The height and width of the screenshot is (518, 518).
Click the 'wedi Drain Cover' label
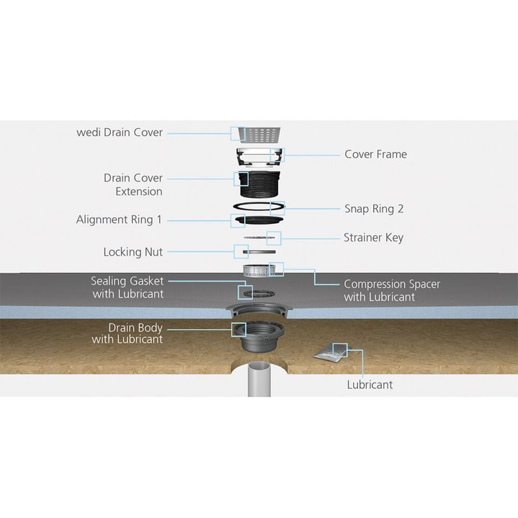(120, 133)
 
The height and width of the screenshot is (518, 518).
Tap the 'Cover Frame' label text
(375, 154)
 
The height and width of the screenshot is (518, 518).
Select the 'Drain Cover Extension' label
(133, 184)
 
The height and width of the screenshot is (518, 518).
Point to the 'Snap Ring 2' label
(374, 209)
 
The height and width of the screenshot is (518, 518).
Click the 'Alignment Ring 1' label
(119, 219)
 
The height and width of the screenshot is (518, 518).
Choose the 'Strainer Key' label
(373, 238)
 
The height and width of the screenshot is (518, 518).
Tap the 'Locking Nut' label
(133, 252)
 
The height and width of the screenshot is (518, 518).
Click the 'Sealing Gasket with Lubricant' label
(127, 287)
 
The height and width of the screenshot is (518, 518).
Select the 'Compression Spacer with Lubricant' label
(391, 290)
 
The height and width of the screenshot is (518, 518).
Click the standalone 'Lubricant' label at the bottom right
(370, 385)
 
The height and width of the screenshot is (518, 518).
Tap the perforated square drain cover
(260, 133)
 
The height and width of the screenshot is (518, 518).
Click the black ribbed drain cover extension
(259, 186)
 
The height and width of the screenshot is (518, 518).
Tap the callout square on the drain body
(236, 329)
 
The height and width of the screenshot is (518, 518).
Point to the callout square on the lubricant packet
(339, 351)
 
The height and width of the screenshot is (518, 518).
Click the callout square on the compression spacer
(277, 269)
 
